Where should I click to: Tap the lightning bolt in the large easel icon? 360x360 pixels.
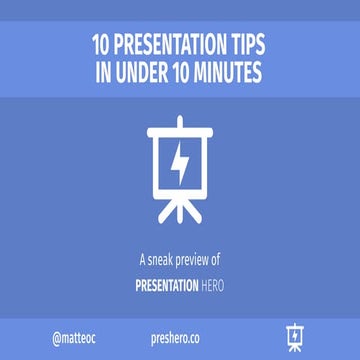point(180,166)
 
